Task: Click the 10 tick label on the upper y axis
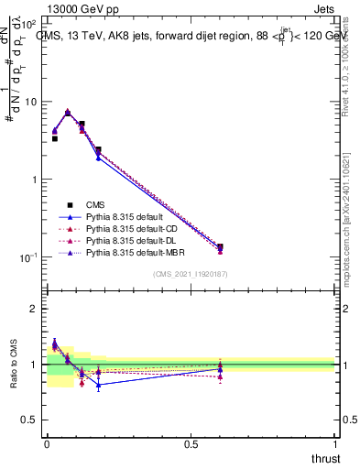click(x=31, y=102)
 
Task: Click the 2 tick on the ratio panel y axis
click(x=34, y=309)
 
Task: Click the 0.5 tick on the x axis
click(x=191, y=443)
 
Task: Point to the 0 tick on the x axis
click(x=46, y=443)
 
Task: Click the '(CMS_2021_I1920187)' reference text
click(x=191, y=275)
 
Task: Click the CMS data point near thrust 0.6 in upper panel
click(x=220, y=246)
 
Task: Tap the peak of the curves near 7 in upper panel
click(x=68, y=112)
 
